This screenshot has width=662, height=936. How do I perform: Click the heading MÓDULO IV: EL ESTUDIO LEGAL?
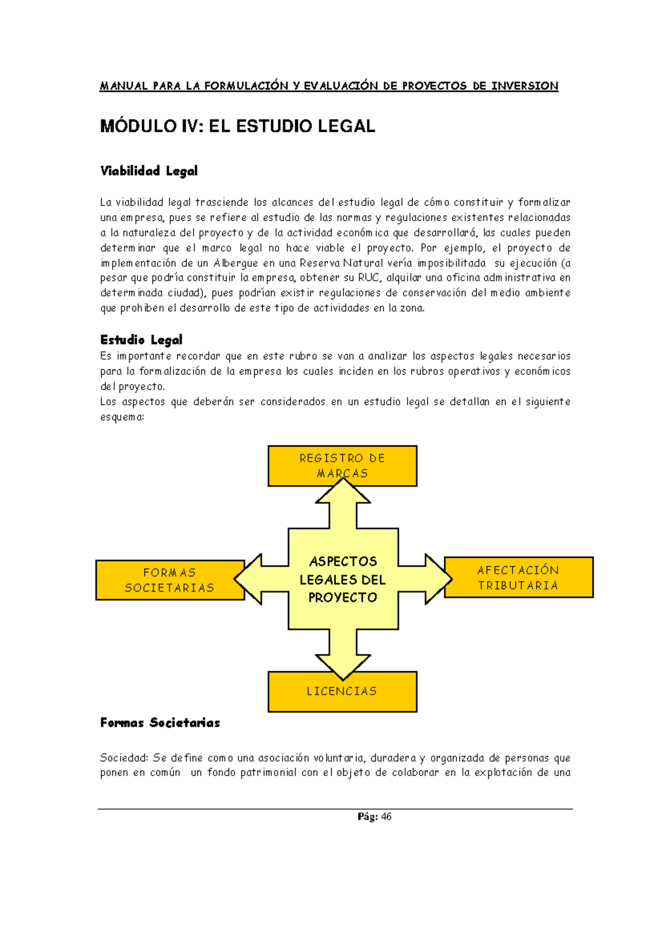pos(237,126)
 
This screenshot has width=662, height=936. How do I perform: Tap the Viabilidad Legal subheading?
pos(148,171)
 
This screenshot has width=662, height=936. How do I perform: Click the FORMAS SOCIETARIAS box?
pos(169,580)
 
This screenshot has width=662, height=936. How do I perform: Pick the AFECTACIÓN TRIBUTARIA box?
pos(518,577)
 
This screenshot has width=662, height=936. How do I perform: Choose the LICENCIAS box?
pos(342,691)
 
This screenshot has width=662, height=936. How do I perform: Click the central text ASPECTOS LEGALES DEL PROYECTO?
pos(343,579)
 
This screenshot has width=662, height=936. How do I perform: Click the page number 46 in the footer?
pos(386,816)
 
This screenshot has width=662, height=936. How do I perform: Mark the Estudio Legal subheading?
pos(141,340)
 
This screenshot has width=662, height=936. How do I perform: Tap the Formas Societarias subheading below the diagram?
pos(160,723)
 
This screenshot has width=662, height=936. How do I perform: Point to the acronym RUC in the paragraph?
pos(369,278)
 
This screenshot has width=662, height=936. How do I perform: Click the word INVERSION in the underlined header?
pos(525,86)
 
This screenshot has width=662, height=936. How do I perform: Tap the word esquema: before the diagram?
pos(122,417)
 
